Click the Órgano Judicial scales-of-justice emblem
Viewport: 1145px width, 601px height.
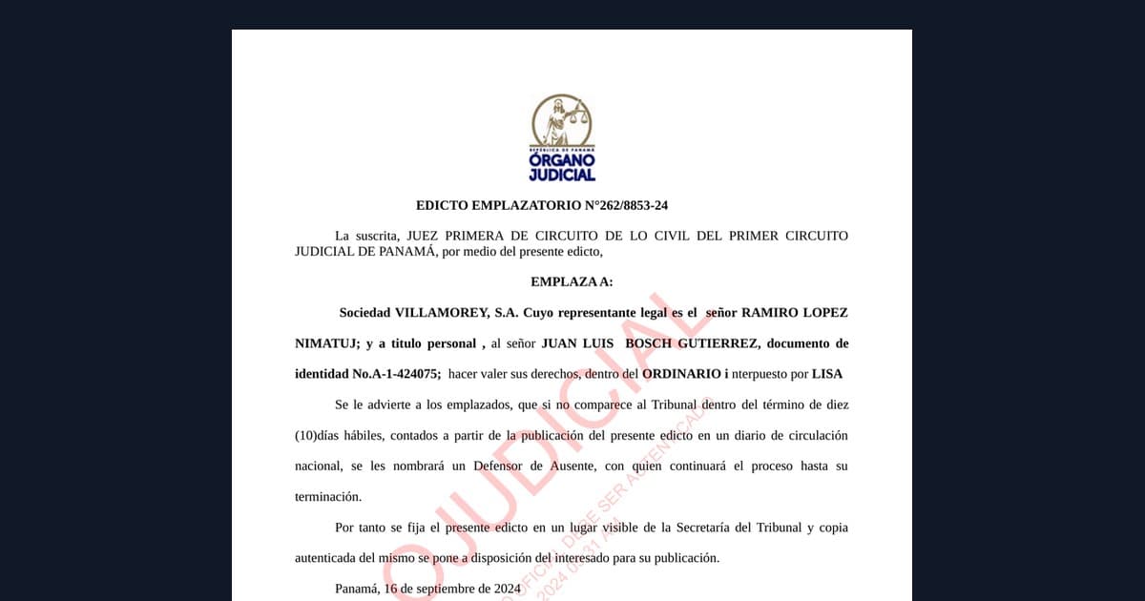[561, 121]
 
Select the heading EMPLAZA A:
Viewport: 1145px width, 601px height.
[572, 281]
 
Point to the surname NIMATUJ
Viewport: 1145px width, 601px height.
[323, 343]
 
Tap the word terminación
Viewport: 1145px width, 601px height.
[328, 497]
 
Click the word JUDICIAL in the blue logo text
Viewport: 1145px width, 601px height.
[562, 175]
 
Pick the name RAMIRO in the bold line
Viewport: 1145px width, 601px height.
[771, 312]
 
